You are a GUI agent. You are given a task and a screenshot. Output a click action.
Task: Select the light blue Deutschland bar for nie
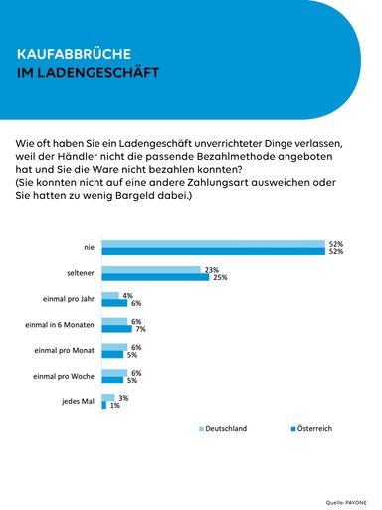[x=213, y=243]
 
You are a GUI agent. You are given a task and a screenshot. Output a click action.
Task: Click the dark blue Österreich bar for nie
[x=213, y=252]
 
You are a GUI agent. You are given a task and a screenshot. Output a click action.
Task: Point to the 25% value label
[x=218, y=278]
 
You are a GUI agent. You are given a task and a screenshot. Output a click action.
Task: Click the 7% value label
[x=140, y=330]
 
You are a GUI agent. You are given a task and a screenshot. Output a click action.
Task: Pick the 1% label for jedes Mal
[x=114, y=407]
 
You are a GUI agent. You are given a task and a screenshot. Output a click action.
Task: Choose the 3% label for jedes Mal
[x=122, y=398]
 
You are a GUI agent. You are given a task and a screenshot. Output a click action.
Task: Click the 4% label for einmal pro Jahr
[x=126, y=295]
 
